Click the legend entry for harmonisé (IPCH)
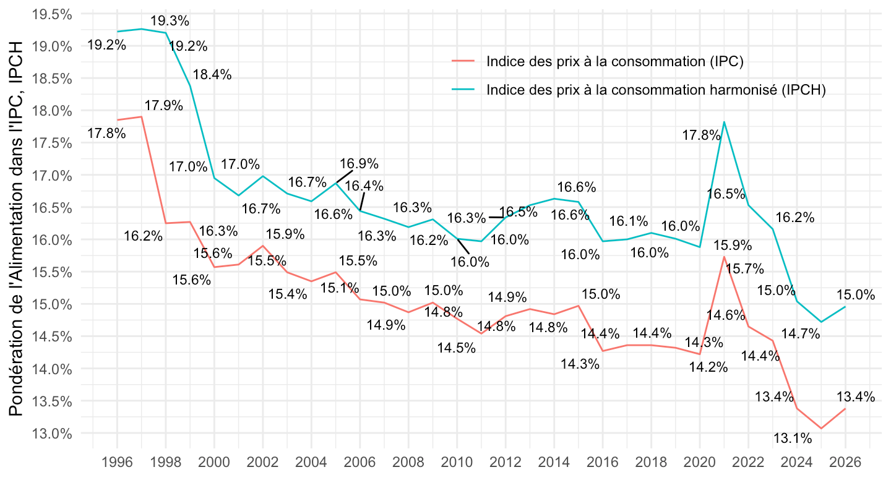[656, 90]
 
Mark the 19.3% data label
[170, 20]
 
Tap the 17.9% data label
[164, 105]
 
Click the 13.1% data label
[792, 439]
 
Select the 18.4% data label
[212, 75]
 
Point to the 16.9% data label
[359, 164]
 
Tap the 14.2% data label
[708, 367]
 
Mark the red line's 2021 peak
[724, 257]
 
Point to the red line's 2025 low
[821, 428]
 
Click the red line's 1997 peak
[142, 117]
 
